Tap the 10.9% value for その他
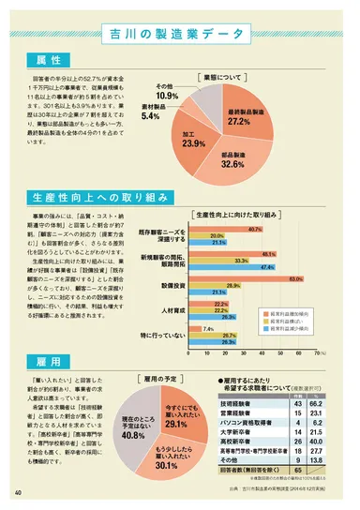pos(167,96)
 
